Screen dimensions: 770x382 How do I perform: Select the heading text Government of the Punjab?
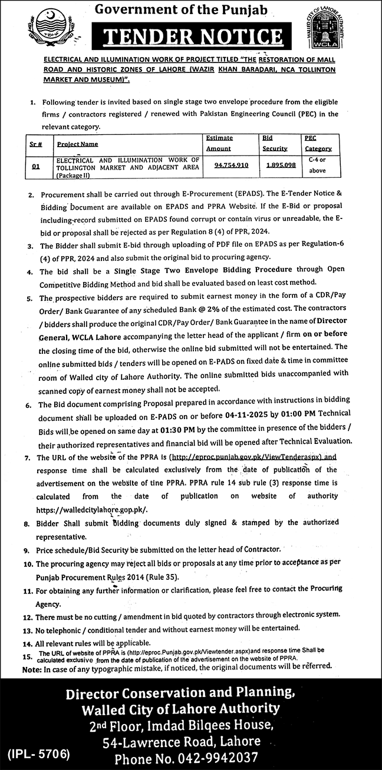pyautogui.click(x=190, y=9)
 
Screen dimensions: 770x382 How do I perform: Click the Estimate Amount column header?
pyautogui.click(x=219, y=143)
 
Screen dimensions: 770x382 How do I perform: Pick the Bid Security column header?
pyautogui.click(x=274, y=143)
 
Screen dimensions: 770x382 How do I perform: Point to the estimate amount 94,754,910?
pyautogui.click(x=223, y=166)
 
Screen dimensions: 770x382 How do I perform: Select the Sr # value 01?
pyautogui.click(x=36, y=167)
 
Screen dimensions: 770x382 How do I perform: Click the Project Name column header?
pyautogui.click(x=78, y=144)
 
